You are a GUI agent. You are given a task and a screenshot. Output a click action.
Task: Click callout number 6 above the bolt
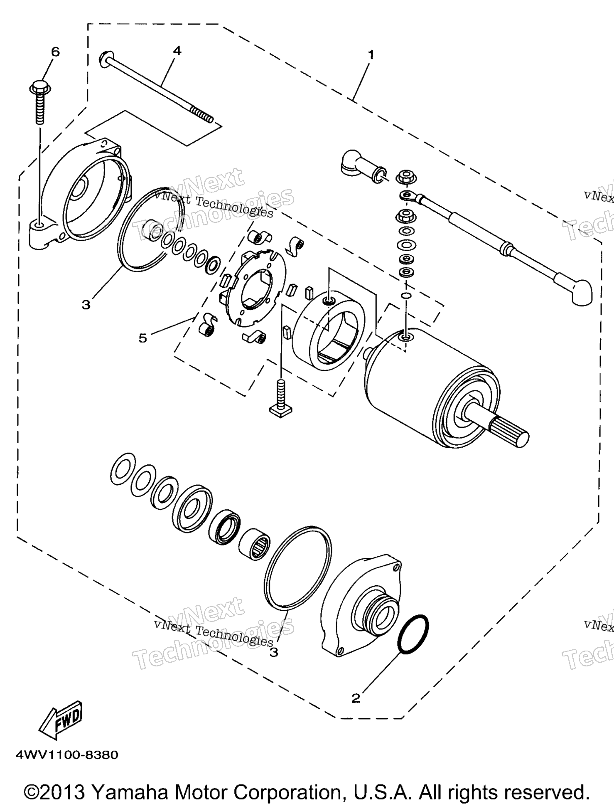point(55,52)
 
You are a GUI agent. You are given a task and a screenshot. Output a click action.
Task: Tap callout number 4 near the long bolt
point(177,51)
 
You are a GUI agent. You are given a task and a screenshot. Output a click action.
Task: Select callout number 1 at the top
point(371,54)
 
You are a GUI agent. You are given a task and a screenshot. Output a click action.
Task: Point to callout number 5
point(142,338)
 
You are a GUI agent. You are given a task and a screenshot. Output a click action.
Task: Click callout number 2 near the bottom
point(356,698)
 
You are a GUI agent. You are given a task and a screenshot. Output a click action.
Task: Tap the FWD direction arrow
point(61,720)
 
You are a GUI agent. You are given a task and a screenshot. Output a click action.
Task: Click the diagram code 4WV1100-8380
point(67,755)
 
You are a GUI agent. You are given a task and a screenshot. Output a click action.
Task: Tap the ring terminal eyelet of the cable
point(408,195)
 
